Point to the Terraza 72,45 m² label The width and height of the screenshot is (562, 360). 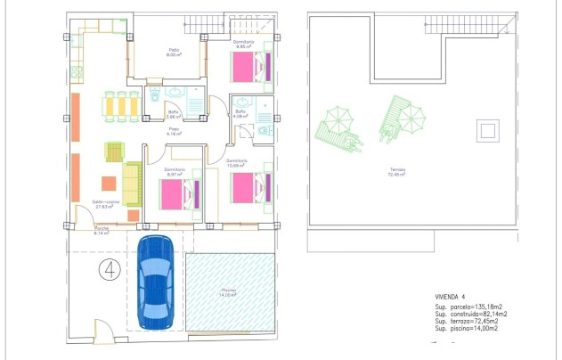point(396,174)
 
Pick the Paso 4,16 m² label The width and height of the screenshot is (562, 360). point(175,132)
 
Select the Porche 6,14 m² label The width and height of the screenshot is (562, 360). point(102,231)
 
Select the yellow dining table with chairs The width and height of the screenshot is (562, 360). point(121,105)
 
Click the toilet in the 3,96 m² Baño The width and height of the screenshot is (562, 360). point(152,92)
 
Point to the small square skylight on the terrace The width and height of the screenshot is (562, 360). point(486,131)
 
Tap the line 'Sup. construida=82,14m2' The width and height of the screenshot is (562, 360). point(471,315)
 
